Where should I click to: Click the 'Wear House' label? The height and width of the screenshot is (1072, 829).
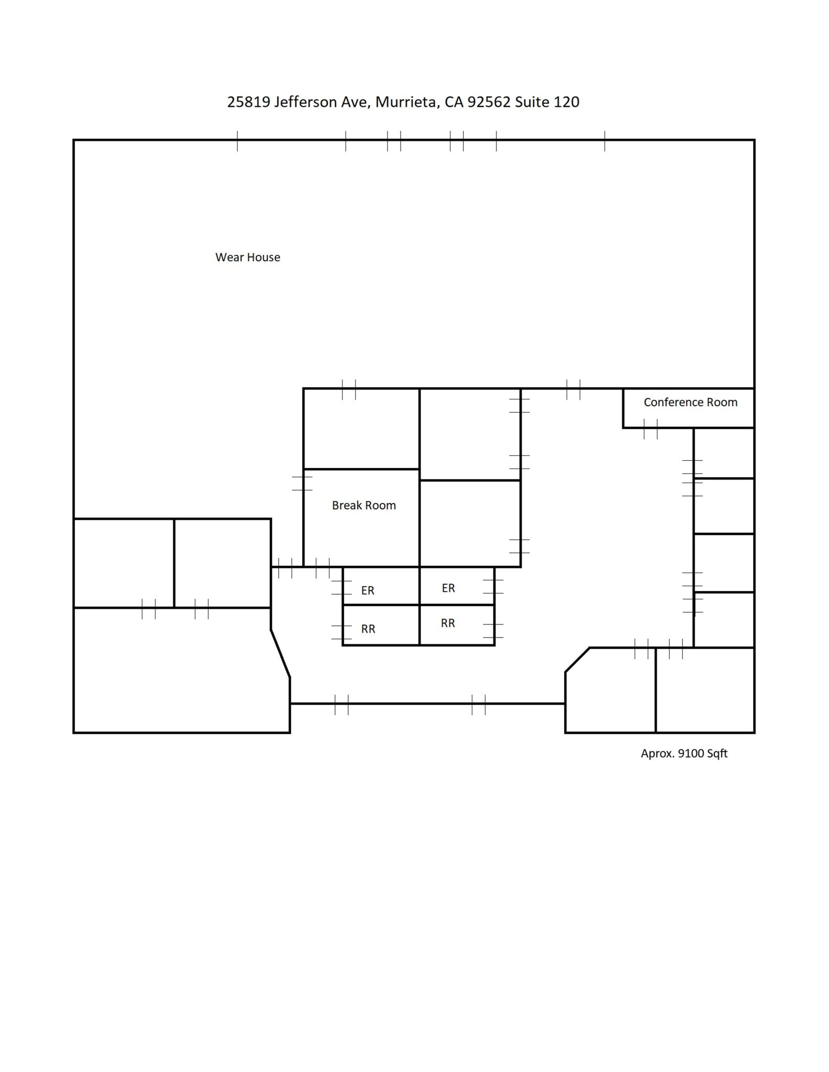click(248, 257)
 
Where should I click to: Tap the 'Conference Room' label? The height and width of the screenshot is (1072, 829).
click(690, 402)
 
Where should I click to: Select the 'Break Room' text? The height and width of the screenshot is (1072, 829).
click(363, 505)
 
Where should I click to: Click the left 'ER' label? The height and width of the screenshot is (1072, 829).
click(368, 590)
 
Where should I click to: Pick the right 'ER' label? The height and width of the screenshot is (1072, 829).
click(448, 588)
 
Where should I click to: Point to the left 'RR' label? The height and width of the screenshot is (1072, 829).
click(368, 629)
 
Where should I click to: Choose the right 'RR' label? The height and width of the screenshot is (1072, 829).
click(448, 623)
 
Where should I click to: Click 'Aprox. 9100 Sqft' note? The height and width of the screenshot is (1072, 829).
click(684, 753)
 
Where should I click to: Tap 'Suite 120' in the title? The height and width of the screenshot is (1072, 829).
click(547, 102)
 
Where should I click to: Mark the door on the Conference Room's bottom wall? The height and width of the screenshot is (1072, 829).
click(650, 428)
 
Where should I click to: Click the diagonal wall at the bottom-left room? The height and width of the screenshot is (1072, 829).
click(280, 654)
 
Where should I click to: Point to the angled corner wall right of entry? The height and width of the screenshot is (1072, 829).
click(577, 660)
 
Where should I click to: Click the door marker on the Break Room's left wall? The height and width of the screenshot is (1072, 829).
click(303, 483)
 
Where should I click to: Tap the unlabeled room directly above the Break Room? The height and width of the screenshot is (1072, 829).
click(361, 429)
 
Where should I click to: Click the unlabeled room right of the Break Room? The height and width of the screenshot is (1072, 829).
click(470, 523)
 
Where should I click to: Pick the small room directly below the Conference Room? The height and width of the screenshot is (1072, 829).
click(724, 453)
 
